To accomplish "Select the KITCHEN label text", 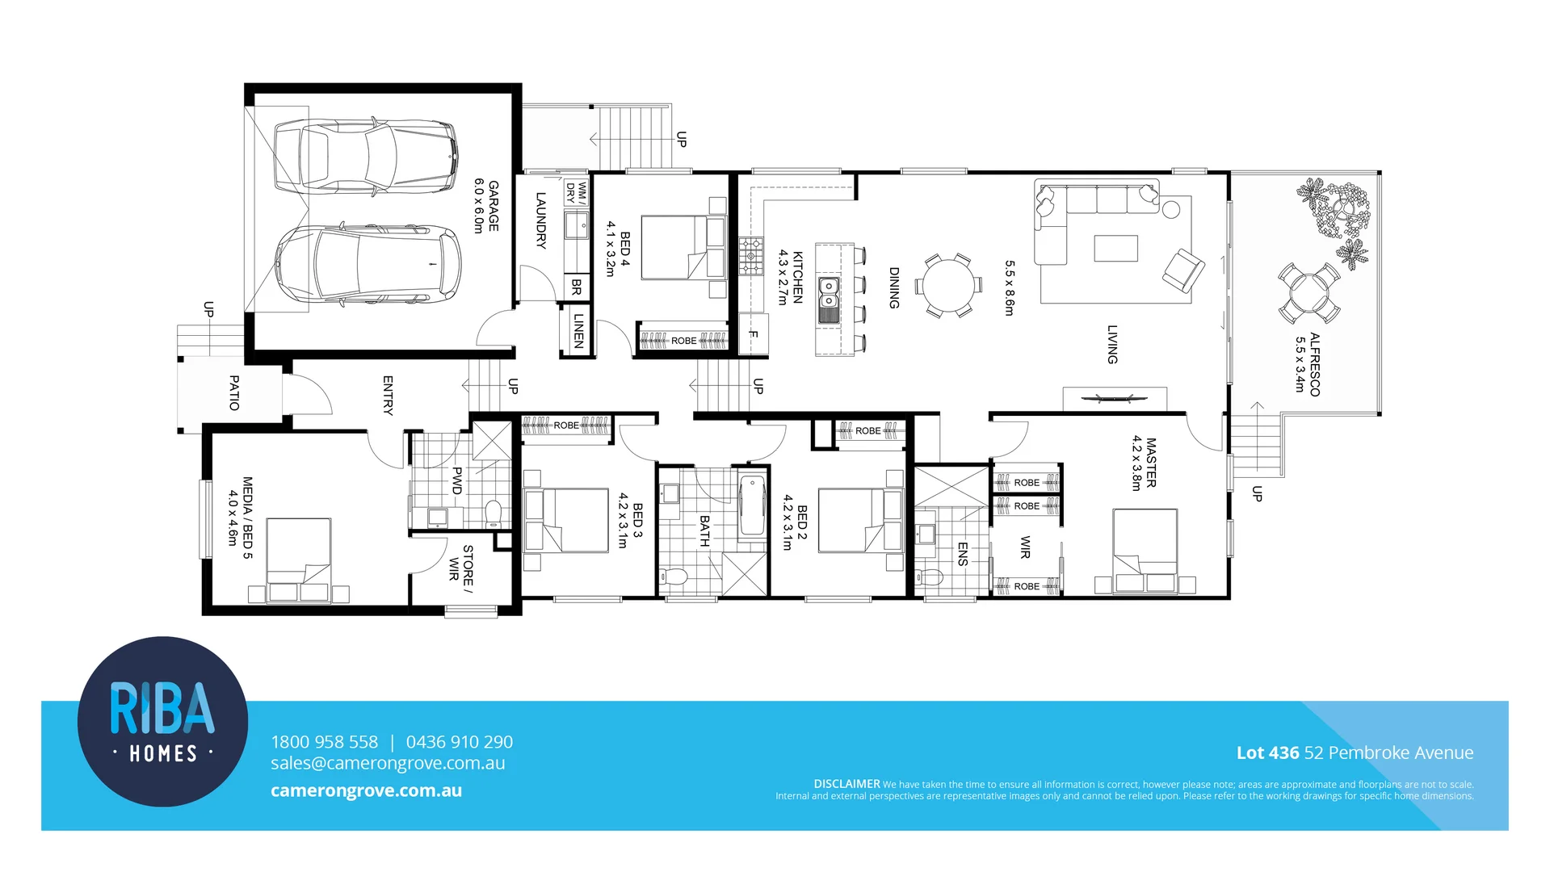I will click(x=796, y=277).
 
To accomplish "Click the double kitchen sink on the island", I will click(x=830, y=299).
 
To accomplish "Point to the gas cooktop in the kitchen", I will click(x=750, y=256).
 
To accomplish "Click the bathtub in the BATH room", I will click(x=752, y=505).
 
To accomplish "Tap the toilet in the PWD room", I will click(x=494, y=514).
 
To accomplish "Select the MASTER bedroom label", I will click(x=1150, y=463).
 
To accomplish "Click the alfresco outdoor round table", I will click(x=1308, y=293).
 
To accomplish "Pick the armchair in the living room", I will click(x=1182, y=270).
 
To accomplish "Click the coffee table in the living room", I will click(x=1115, y=248).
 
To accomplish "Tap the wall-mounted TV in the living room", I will click(x=1114, y=398).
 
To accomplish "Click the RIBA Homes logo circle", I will click(x=162, y=721).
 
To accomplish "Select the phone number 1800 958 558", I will click(x=324, y=742).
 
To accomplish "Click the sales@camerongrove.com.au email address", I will click(x=388, y=764).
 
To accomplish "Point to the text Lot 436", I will click(x=1267, y=753).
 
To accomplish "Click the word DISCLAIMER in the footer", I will click(x=846, y=784).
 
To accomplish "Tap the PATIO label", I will click(x=234, y=392).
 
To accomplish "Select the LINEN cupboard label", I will click(x=578, y=330).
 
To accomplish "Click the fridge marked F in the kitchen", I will click(x=753, y=333).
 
